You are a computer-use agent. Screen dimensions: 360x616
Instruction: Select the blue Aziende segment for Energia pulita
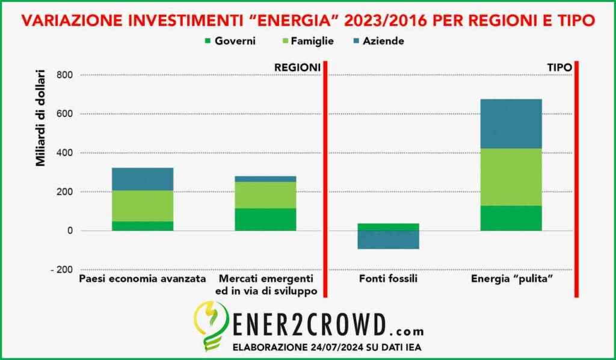tap(511, 123)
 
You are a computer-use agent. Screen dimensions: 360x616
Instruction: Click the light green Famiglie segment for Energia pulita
tap(511, 177)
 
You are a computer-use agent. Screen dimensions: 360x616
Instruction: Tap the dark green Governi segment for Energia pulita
tap(511, 218)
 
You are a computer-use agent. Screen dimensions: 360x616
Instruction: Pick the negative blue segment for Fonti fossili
tap(388, 240)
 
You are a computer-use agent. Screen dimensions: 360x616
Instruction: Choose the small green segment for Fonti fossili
tap(388, 227)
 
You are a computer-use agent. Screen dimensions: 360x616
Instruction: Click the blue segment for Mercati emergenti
tap(265, 179)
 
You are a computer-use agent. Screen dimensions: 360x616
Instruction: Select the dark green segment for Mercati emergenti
tap(265, 219)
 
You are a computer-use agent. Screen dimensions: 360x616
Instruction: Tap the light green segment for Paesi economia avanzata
tap(143, 206)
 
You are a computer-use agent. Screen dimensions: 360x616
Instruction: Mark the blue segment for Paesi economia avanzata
tap(143, 179)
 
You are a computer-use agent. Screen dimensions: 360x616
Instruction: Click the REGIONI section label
tap(297, 68)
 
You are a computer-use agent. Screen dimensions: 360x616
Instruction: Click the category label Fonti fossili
tap(388, 279)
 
